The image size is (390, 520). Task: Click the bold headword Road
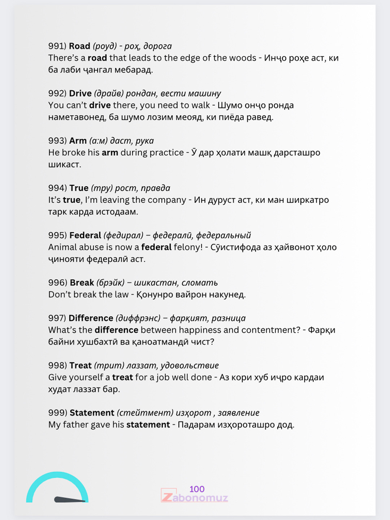click(79, 46)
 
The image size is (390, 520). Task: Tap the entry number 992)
click(57, 94)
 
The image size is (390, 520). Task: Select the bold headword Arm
click(78, 141)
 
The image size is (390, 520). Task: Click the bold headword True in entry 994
click(79, 188)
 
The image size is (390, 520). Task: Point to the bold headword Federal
click(85, 235)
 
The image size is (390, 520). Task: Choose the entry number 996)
click(58, 283)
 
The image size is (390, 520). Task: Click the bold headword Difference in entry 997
click(91, 318)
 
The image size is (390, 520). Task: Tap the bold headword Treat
click(81, 365)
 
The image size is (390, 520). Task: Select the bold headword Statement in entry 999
click(92, 413)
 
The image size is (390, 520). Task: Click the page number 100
click(197, 489)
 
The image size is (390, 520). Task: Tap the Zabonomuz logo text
click(195, 498)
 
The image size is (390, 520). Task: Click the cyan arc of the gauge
click(57, 476)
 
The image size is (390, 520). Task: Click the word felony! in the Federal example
click(188, 247)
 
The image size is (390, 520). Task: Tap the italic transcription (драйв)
click(109, 94)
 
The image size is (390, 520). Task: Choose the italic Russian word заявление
click(239, 413)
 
